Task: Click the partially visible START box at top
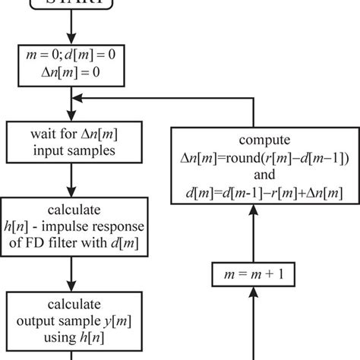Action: [x=71, y=7]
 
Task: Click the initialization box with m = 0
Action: [x=71, y=66]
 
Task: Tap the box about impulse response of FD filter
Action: [x=71, y=226]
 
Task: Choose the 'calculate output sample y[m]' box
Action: [x=71, y=318]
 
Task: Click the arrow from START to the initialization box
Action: [x=71, y=30]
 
